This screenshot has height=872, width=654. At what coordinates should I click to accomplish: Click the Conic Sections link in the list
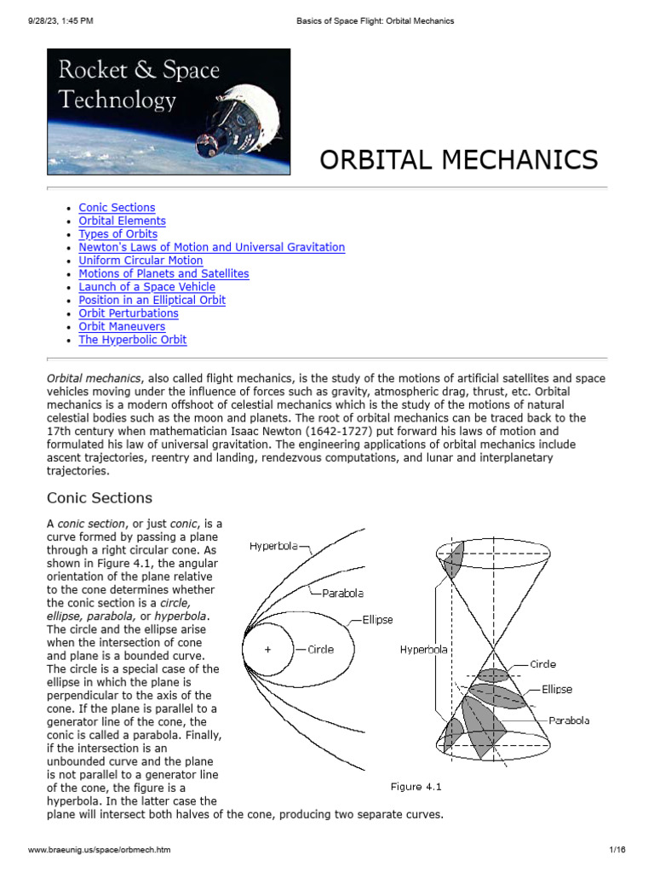(117, 208)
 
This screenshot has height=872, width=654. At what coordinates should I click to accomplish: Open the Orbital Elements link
(122, 221)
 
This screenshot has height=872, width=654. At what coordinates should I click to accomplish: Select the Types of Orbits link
(118, 234)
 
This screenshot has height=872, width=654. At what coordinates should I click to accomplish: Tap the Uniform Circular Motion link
(141, 261)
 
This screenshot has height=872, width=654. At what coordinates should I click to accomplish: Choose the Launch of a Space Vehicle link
(146, 287)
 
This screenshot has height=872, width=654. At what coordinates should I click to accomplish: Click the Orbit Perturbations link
(129, 313)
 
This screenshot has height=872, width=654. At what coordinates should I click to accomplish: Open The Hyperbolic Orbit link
(132, 340)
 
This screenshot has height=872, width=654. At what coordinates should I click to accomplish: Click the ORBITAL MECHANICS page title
(458, 159)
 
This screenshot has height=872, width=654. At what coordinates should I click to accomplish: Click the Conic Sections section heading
(100, 498)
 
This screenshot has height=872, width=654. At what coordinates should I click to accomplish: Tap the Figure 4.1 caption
(416, 786)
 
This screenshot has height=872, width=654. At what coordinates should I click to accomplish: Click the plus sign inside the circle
(268, 649)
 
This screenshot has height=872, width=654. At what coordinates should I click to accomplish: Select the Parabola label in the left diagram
(342, 593)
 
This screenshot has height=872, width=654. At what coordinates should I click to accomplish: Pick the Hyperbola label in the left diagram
(273, 546)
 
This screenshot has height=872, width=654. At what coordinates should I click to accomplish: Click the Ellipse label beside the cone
(557, 689)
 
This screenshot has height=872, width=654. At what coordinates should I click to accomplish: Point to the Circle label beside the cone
(543, 663)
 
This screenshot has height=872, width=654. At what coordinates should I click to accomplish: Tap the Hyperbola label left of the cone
(423, 649)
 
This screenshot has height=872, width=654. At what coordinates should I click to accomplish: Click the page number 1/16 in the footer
(617, 850)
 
